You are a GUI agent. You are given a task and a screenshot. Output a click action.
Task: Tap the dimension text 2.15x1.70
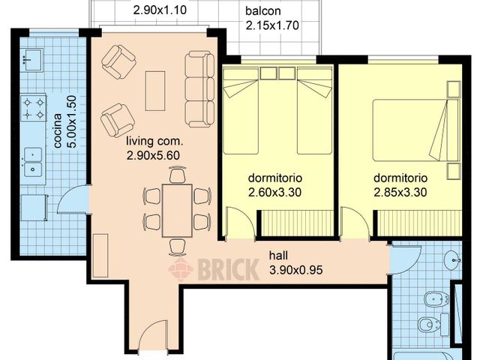[273, 25]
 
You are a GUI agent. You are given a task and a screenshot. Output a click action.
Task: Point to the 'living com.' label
[154, 141]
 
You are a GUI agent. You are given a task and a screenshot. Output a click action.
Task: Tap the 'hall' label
[278, 255]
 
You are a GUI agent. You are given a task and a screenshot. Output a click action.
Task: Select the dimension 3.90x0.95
[295, 268]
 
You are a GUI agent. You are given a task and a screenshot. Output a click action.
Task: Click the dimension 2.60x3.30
[274, 192]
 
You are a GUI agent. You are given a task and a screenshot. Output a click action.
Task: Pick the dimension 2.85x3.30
[400, 192]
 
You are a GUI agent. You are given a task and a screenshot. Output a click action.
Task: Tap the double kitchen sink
[33, 162]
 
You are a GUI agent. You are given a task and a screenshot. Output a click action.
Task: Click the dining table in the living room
[176, 208]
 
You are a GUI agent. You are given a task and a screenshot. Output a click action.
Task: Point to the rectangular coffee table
[155, 90]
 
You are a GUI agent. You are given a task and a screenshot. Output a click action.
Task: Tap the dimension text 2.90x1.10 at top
[160, 11]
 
